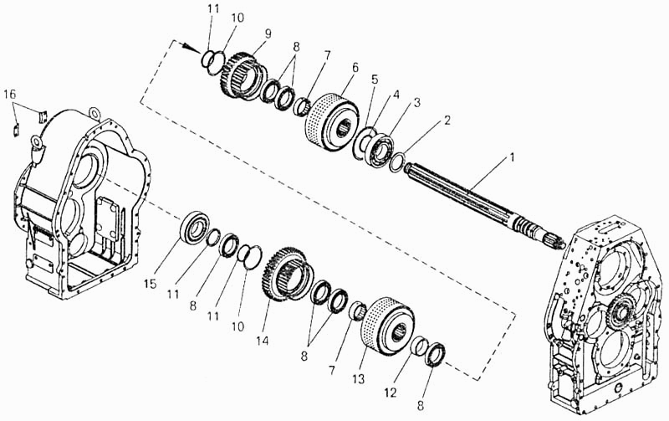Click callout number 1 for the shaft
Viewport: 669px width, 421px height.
pos(511,157)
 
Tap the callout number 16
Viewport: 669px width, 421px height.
pos(10,95)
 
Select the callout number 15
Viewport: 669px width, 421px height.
pos(151,284)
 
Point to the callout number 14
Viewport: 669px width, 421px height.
pos(263,341)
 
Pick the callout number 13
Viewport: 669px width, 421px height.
pos(359,378)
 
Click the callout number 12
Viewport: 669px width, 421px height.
pos(391,393)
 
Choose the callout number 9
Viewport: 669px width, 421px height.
pos(268,33)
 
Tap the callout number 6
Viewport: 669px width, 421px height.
pos(355,68)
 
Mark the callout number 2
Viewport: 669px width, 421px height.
pos(447,120)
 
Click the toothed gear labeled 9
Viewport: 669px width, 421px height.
pos(243,75)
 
